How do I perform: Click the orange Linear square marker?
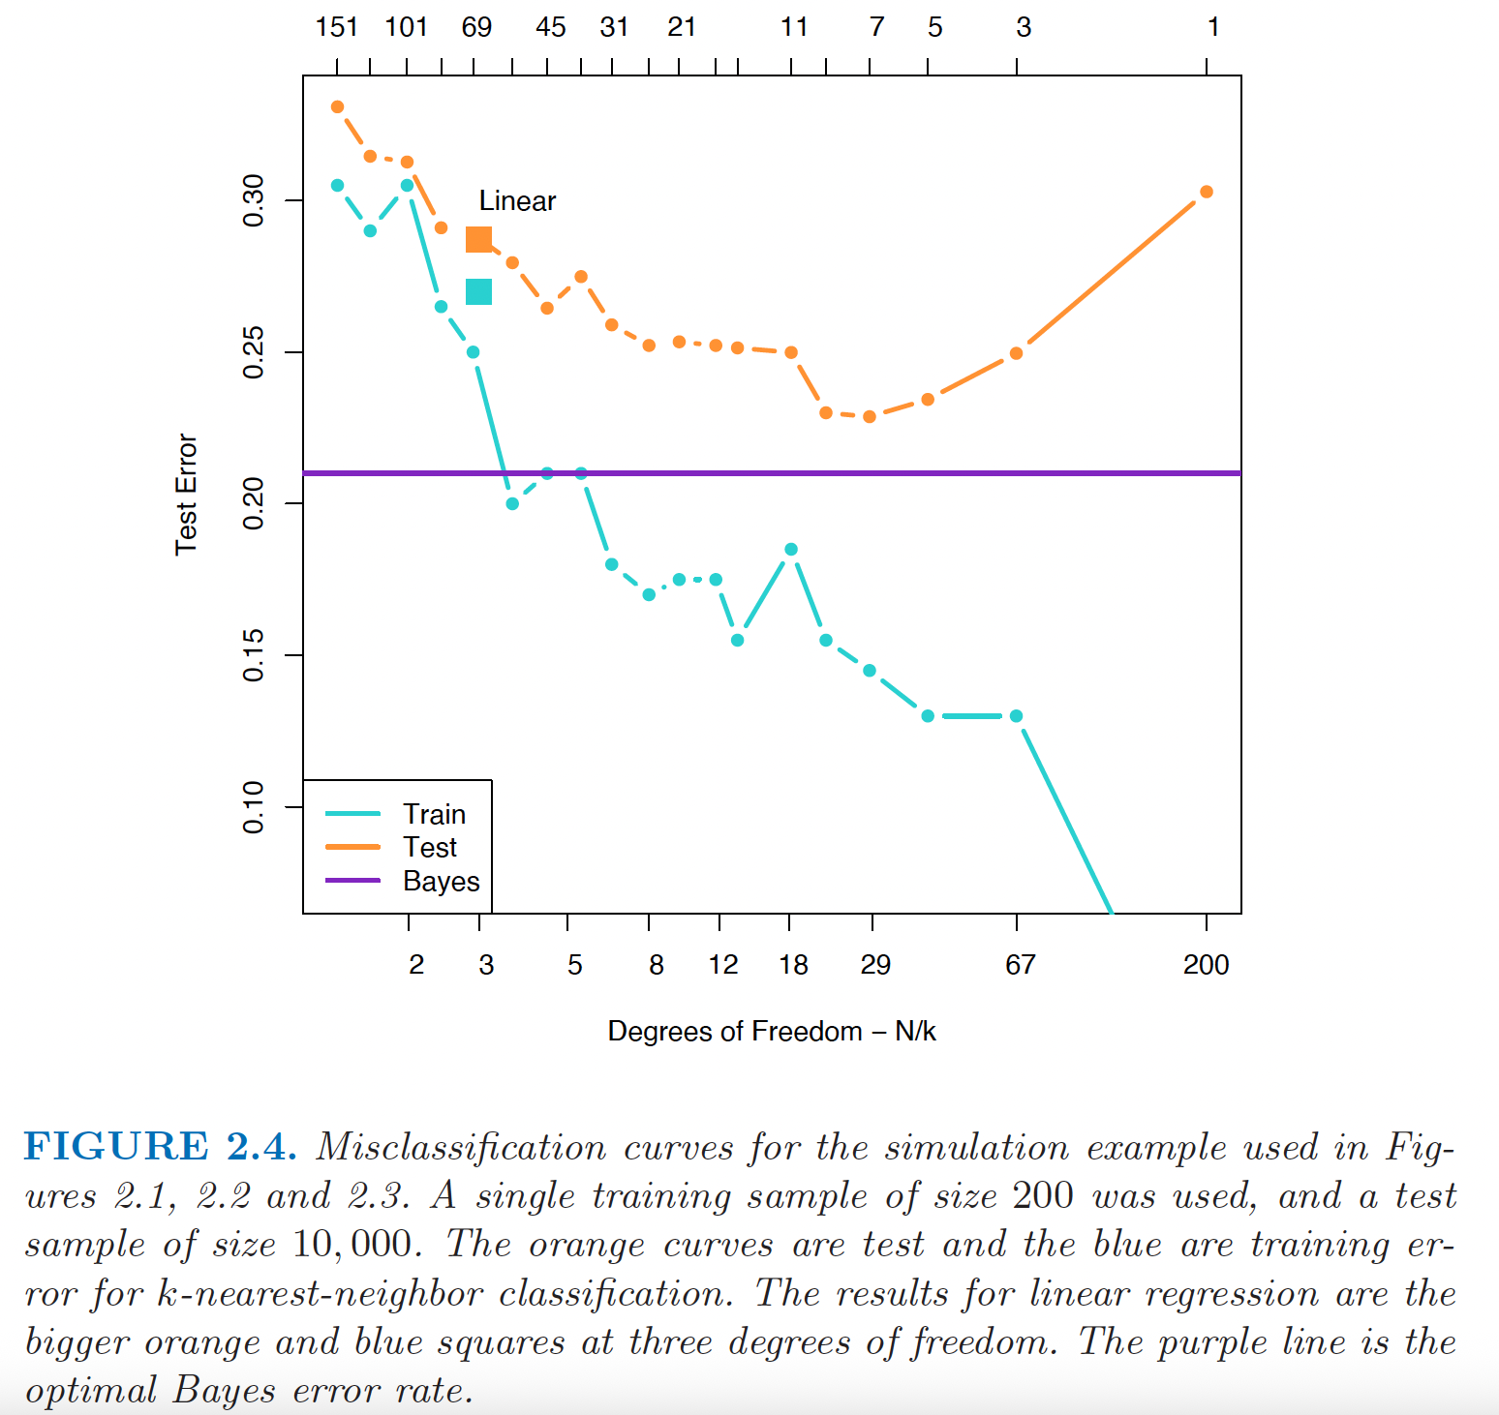[x=478, y=239]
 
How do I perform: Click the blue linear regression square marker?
[x=478, y=291]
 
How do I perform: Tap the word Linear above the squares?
[x=517, y=201]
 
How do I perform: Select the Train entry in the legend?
[x=434, y=814]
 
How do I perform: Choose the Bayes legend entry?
[x=441, y=882]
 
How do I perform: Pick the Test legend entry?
[x=430, y=848]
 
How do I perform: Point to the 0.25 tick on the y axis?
[x=254, y=352]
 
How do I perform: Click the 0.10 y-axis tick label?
[x=254, y=807]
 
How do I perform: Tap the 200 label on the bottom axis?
[x=1206, y=965]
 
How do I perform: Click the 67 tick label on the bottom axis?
[x=1020, y=965]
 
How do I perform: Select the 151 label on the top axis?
[x=337, y=27]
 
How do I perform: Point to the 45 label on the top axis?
[x=550, y=27]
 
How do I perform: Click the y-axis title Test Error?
[x=186, y=495]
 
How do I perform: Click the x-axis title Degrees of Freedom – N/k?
[x=771, y=1032]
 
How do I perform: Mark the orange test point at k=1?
[x=1206, y=192]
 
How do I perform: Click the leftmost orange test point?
[x=337, y=106]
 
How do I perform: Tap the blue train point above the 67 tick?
[x=1016, y=716]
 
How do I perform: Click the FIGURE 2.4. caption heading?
[x=160, y=1147]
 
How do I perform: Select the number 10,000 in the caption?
[x=356, y=1245]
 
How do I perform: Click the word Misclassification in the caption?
[x=461, y=1147]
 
